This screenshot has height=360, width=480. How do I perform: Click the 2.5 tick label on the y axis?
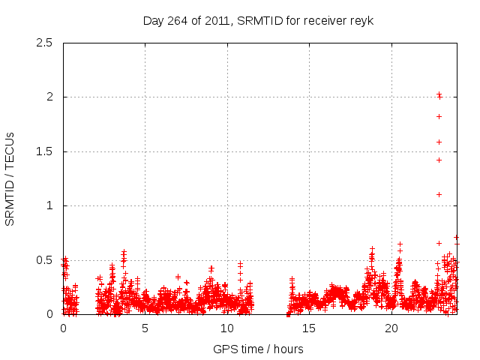(x=45, y=43)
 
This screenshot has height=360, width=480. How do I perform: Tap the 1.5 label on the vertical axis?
(x=45, y=151)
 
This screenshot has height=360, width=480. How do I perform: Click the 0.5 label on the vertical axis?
(x=45, y=260)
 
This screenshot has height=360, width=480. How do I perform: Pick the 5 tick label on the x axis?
(x=145, y=328)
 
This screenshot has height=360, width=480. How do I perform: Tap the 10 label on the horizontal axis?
(x=227, y=328)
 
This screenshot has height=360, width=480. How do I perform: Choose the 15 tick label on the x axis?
(x=309, y=328)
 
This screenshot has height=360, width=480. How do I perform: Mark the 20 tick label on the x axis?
(x=391, y=328)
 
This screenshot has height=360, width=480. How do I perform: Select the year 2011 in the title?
(x=217, y=20)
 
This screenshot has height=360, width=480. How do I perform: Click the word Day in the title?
(x=154, y=20)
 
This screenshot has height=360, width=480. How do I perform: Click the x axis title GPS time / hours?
(x=258, y=349)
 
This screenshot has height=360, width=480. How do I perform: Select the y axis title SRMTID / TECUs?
(x=10, y=178)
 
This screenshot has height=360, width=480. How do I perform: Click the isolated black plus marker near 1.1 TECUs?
(x=439, y=194)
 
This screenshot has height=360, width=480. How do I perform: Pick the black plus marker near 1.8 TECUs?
(x=439, y=116)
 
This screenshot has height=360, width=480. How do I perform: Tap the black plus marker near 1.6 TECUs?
(x=439, y=142)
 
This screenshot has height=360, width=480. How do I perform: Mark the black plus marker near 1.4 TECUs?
(x=439, y=160)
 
